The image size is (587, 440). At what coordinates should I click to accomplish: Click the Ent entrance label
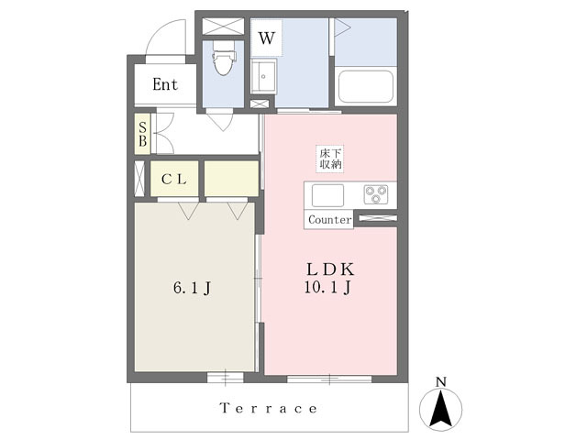(x=165, y=84)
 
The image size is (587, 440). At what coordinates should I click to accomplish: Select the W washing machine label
(x=267, y=38)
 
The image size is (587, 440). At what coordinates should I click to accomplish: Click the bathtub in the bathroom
(x=365, y=86)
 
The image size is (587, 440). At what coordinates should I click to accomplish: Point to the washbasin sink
(x=263, y=76)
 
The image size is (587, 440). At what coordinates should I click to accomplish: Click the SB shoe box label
(x=143, y=135)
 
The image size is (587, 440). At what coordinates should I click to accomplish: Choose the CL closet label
(x=174, y=180)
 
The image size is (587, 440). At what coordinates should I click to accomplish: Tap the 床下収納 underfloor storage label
(x=330, y=159)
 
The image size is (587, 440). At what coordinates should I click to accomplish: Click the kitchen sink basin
(x=327, y=195)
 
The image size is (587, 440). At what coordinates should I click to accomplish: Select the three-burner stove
(x=375, y=194)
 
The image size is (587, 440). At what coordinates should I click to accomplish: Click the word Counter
(x=330, y=219)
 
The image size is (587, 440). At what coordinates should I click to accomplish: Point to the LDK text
(x=330, y=269)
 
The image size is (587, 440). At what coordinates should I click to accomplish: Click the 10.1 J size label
(x=327, y=287)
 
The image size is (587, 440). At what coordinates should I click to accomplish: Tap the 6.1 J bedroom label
(x=192, y=288)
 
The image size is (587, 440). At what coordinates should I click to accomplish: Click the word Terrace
(x=269, y=408)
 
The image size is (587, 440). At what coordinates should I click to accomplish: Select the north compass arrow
(x=441, y=409)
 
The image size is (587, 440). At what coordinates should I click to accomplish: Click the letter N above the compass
(x=441, y=382)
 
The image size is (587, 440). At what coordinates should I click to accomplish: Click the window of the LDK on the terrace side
(x=329, y=379)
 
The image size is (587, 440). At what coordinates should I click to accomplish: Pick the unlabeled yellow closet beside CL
(x=231, y=179)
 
